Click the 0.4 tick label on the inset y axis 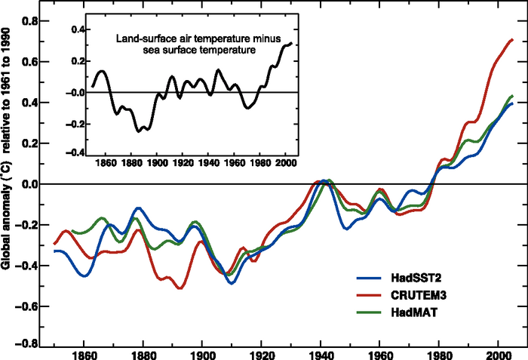click(74, 29)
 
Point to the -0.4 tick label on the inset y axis click(72, 152)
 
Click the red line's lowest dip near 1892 click(180, 288)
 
